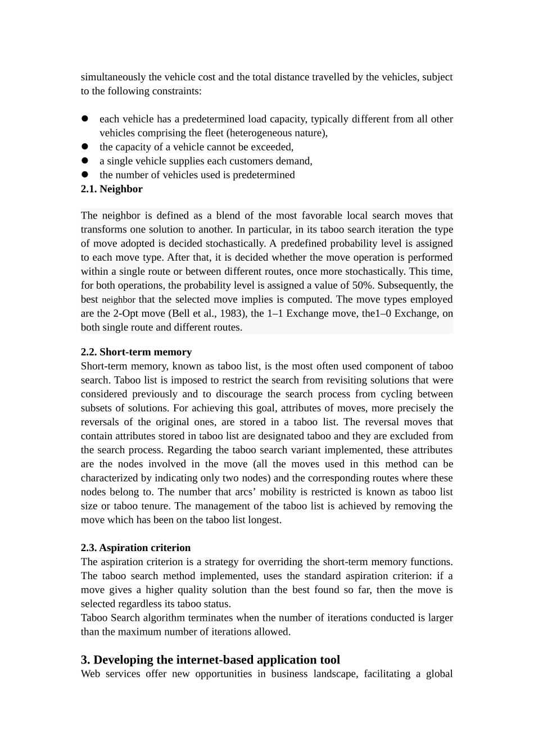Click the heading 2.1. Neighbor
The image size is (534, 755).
[x=111, y=189]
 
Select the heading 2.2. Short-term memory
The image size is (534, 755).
[x=136, y=352]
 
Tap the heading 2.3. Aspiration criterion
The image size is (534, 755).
[x=135, y=548]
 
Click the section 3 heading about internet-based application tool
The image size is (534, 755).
[x=210, y=660]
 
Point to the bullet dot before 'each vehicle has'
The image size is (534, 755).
[x=85, y=119]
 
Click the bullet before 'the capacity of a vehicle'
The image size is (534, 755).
[x=85, y=147]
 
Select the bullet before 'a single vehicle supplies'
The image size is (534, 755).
[x=85, y=161]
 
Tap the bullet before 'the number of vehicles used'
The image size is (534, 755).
[x=85, y=175]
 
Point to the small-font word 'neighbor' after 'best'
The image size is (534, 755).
[x=118, y=300]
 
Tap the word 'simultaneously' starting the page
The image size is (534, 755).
[x=113, y=77]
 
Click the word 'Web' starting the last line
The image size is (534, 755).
[x=90, y=674]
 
